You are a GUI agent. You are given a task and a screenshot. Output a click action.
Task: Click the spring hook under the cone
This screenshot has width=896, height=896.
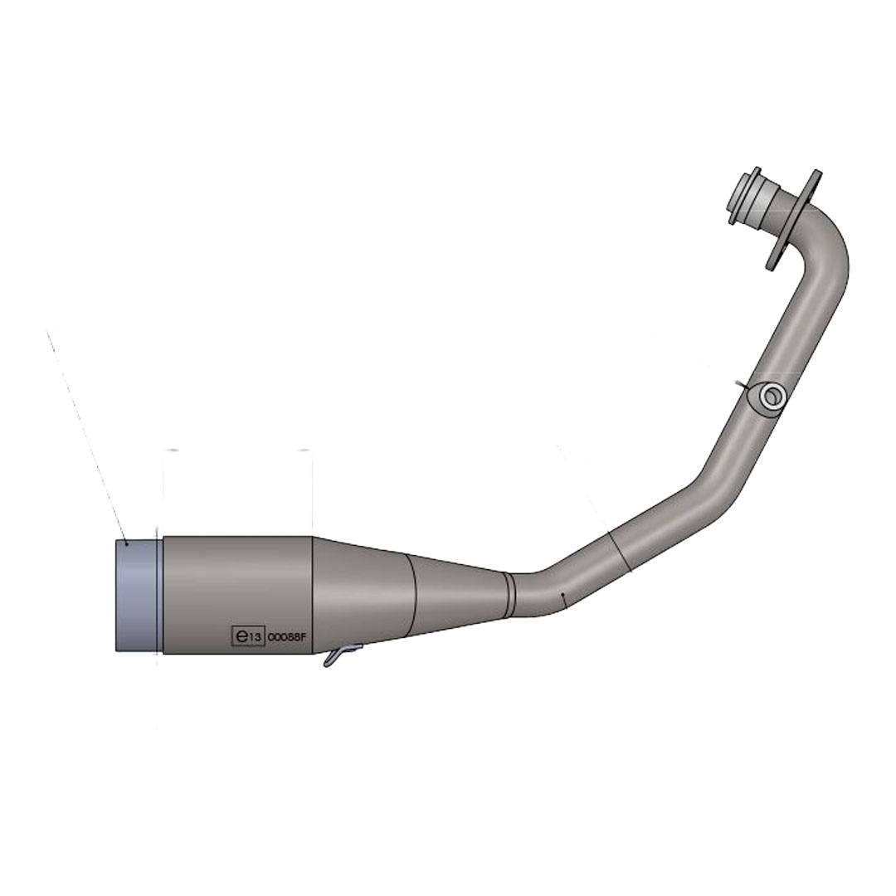coord(341,655)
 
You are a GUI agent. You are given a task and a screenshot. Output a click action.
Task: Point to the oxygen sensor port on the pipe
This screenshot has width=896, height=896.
coord(769,397)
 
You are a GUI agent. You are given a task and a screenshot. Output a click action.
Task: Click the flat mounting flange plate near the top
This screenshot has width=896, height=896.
coord(793,220)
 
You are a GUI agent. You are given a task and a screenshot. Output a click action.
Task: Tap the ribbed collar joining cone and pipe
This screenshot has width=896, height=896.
coord(509,594)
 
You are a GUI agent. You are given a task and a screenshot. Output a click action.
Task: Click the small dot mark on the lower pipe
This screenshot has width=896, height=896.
coord(562,594)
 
